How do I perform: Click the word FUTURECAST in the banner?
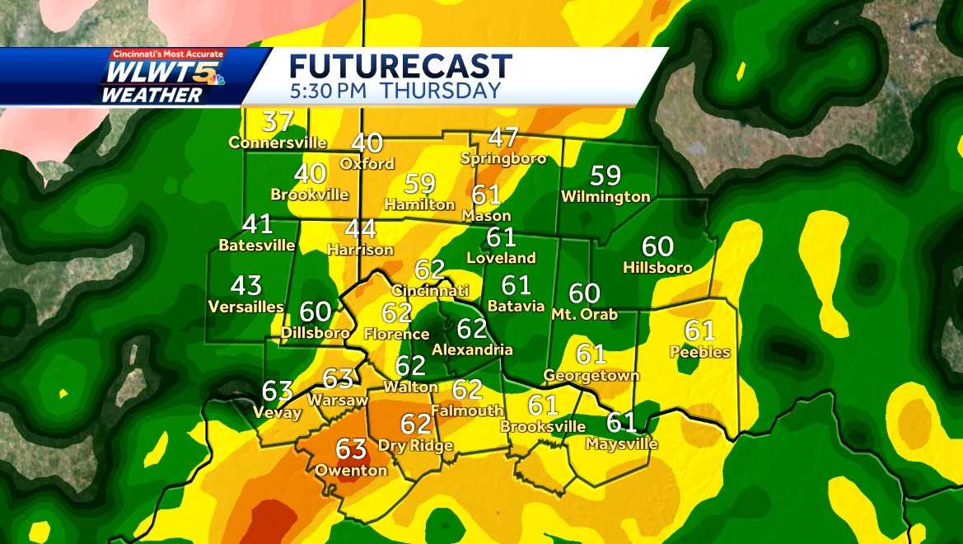point(401,66)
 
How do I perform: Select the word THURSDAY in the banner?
point(441,91)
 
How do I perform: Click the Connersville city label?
point(278,143)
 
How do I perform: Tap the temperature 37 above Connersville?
point(278,122)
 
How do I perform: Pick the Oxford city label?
point(367,163)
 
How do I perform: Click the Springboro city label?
point(503,157)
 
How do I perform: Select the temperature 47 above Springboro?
point(503,137)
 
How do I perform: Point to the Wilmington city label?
point(605,196)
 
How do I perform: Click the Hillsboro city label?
point(657,267)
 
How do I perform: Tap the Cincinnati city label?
point(430,290)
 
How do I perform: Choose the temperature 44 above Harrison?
point(360,228)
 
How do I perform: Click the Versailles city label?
point(246,307)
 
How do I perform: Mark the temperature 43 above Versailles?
point(246,286)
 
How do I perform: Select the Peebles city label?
point(700,352)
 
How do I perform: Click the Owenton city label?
point(351,470)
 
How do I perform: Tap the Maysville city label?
point(622,443)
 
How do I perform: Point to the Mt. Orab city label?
point(584,314)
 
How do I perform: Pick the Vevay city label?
point(278,412)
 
